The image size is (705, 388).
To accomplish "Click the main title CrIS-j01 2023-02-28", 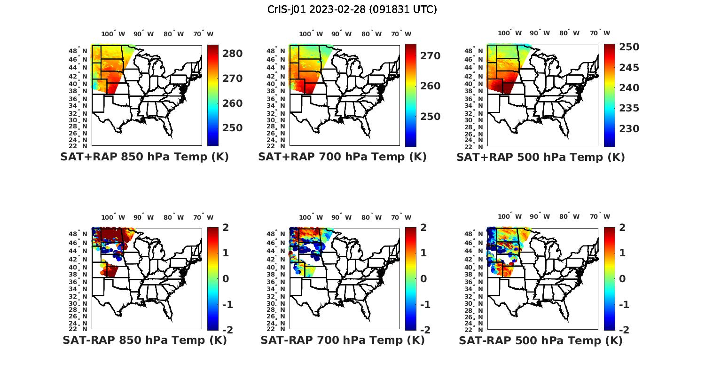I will pyautogui.click(x=352, y=9).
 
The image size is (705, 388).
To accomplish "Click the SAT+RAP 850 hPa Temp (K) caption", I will pyautogui.click(x=144, y=157).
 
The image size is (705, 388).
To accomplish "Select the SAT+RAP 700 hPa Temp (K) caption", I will pyautogui.click(x=342, y=157).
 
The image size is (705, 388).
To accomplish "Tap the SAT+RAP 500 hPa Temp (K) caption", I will pyautogui.click(x=540, y=157).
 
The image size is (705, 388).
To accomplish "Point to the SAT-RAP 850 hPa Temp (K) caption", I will pyautogui.click(x=144, y=340).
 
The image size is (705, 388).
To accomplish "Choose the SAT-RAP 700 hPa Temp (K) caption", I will pyautogui.click(x=342, y=340).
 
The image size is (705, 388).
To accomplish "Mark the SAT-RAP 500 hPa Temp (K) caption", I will pyautogui.click(x=540, y=340).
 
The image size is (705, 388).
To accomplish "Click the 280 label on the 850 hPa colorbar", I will pyautogui.click(x=232, y=54).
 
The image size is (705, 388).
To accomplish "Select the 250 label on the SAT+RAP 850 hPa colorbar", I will pyautogui.click(x=232, y=128).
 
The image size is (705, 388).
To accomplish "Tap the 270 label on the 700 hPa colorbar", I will pyautogui.click(x=430, y=56).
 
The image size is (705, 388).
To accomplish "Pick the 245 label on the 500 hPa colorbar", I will pyautogui.click(x=629, y=68).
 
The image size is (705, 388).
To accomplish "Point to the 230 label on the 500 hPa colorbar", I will pyautogui.click(x=629, y=129).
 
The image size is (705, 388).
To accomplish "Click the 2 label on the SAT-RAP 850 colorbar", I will pyautogui.click(x=226, y=228).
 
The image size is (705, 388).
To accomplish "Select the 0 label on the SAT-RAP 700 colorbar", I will pyautogui.click(x=423, y=279).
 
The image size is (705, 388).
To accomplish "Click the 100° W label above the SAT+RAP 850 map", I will pyautogui.click(x=113, y=34).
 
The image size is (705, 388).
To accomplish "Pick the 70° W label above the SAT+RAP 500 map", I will pyautogui.click(x=600, y=33).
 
